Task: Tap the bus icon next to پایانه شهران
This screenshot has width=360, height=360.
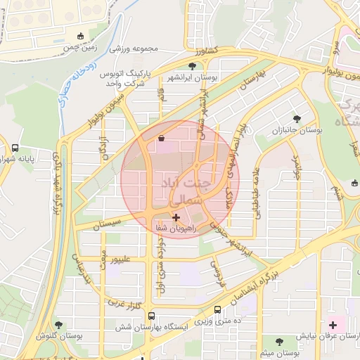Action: coord(15,148)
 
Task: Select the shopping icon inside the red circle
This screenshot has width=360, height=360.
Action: coord(162,138)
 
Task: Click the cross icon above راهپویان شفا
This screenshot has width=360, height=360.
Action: coord(176,219)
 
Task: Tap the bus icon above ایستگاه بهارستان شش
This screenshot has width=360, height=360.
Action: coord(217,309)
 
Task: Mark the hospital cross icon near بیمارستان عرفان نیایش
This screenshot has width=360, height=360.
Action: coord(333,325)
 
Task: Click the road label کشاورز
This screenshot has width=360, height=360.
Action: coord(207,51)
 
